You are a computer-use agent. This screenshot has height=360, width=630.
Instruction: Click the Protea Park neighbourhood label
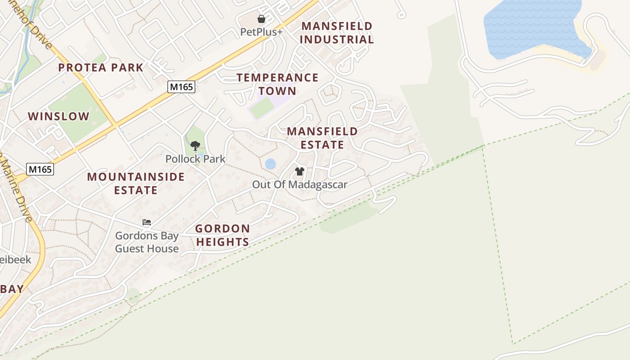pos(101,68)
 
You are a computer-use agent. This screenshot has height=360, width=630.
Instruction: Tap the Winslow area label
pos(59,117)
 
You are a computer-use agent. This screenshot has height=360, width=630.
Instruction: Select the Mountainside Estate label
pos(136,183)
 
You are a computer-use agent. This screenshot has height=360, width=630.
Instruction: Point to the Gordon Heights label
pos(222,235)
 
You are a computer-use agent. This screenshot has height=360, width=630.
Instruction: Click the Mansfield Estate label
pos(322,138)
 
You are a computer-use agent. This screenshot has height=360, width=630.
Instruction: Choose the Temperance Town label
pos(278,84)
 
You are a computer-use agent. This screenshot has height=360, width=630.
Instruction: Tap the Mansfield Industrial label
pos(337,33)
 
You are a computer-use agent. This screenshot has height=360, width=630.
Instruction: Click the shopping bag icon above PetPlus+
pos(261,19)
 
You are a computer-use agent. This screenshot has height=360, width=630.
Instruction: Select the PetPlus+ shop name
pos(261,32)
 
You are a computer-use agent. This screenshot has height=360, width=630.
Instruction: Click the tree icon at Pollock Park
pos(195,145)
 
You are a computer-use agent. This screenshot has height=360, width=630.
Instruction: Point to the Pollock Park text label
pos(195,159)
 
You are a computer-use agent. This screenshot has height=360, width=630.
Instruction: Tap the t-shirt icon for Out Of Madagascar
pos(300,171)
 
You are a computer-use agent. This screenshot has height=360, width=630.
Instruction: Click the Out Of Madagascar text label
pos(300,184)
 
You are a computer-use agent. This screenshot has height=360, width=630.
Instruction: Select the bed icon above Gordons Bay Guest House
pos(147,222)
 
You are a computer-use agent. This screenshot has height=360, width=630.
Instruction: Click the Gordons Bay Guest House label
pos(147,242)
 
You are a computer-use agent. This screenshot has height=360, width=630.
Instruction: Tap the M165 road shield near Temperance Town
pos(181,87)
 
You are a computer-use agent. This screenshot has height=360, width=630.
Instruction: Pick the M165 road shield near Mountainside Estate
pos(40,169)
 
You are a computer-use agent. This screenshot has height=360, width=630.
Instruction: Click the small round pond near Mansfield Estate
pos(270,164)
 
